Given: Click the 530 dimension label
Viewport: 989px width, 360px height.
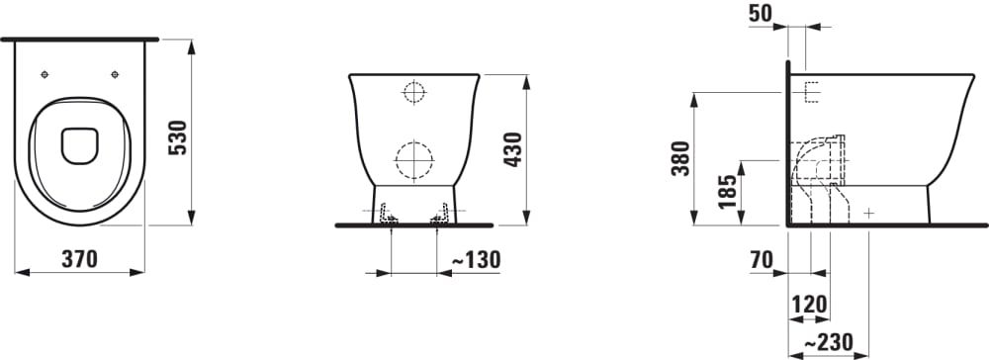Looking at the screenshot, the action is pyautogui.click(x=179, y=137).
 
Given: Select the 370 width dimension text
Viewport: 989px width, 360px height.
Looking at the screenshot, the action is pyautogui.click(x=79, y=258).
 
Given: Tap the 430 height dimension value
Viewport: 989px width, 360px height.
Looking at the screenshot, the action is pyautogui.click(x=512, y=149).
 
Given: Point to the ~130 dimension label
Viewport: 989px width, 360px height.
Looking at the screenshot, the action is pyautogui.click(x=477, y=259).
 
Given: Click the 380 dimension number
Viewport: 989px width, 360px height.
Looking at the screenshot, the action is pyautogui.click(x=680, y=158).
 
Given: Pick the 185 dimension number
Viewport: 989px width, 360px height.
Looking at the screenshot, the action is pyautogui.click(x=727, y=192).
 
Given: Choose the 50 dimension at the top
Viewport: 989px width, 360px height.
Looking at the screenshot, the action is pyautogui.click(x=761, y=14).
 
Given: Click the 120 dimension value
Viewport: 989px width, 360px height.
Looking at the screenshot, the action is pyautogui.click(x=809, y=305).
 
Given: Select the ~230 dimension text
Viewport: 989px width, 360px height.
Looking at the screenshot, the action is pyautogui.click(x=828, y=343).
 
